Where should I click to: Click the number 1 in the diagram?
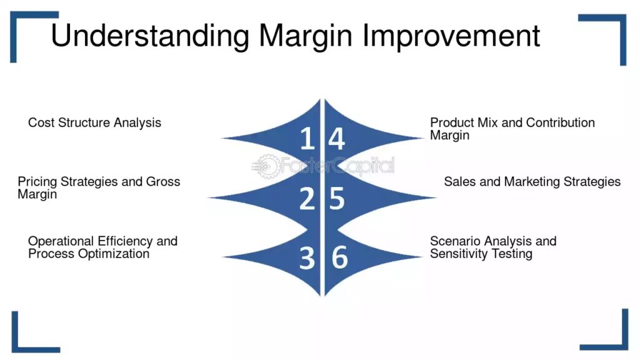[x=307, y=138]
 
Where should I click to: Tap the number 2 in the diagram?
[x=307, y=198]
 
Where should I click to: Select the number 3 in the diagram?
[x=307, y=258]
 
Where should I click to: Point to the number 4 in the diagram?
[x=337, y=138]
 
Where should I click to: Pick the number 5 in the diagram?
[x=337, y=198]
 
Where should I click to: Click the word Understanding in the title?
[x=150, y=36]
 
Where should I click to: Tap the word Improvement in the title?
[x=451, y=36]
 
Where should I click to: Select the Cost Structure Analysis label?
[x=95, y=122]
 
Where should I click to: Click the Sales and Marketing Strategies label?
[x=532, y=182]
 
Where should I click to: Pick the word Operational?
[x=61, y=241]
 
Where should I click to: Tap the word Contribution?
[x=561, y=122]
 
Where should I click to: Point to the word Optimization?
[x=114, y=254]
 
